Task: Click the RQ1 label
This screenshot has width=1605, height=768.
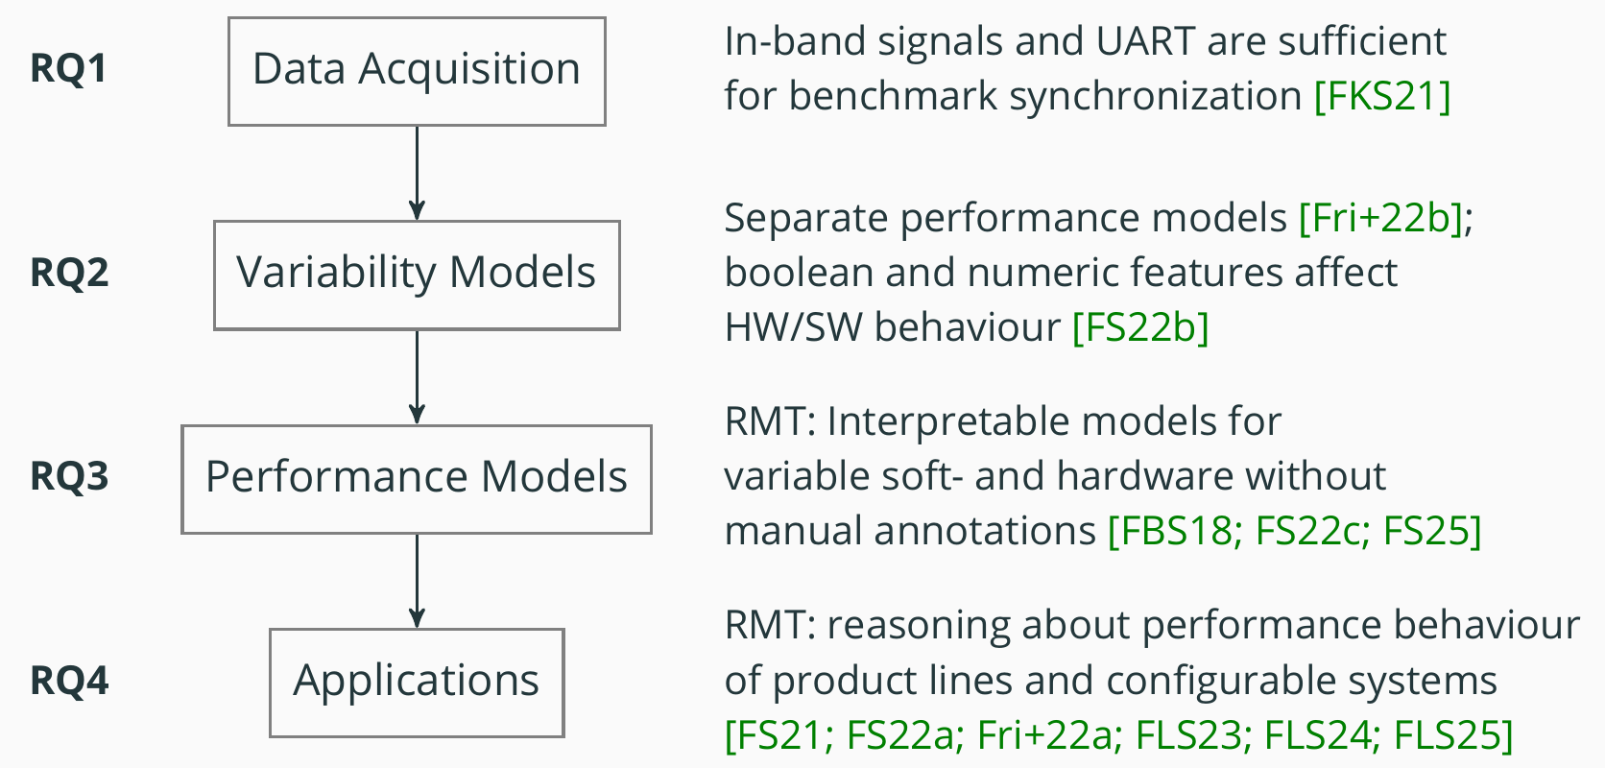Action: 69,69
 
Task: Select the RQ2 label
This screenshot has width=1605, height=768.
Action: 69,273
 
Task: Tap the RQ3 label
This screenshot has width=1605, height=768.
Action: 69,476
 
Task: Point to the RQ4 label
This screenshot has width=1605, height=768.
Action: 69,680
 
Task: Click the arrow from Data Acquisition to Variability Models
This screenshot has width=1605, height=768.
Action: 417,174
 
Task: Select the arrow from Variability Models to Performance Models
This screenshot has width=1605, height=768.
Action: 417,377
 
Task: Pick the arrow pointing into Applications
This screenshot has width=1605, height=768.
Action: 417,581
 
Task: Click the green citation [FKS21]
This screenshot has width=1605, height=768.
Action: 1382,96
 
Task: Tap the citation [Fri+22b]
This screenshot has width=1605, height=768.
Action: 1380,218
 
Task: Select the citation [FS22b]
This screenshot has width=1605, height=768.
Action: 1140,327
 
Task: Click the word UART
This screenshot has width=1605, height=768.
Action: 1146,41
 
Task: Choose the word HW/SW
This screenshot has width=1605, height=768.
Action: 794,327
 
